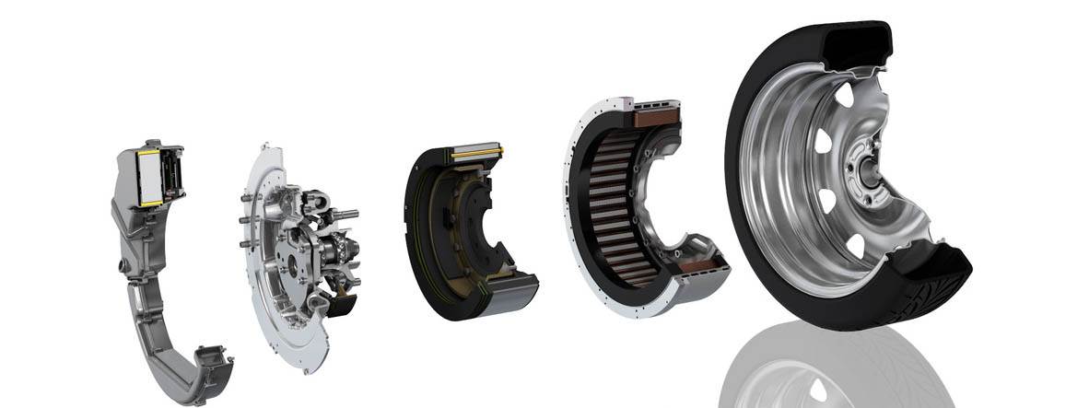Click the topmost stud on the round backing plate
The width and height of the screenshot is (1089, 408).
[x=265, y=147]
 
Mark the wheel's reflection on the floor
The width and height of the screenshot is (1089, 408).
[x=829, y=368]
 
